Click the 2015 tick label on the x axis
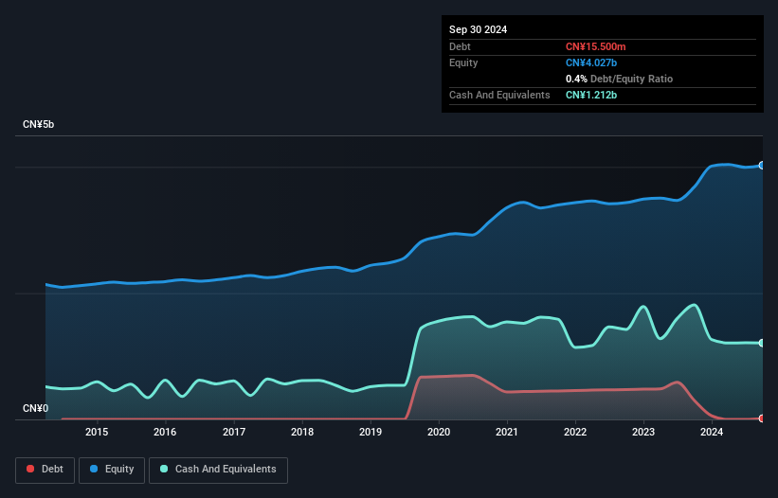tap(97, 432)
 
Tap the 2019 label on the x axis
tap(371, 432)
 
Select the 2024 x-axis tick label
tap(712, 432)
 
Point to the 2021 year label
tap(507, 432)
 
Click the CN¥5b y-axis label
tap(38, 124)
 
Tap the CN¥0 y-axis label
tap(36, 408)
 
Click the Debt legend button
tap(45, 470)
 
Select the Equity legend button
tap(112, 470)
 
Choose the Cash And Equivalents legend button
tap(218, 470)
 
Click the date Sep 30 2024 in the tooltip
tap(478, 29)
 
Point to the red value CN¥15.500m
tap(595, 46)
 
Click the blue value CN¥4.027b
tap(591, 62)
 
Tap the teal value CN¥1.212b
tap(591, 95)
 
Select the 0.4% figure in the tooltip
tap(576, 79)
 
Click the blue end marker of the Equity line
tap(762, 166)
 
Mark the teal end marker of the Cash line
tap(762, 343)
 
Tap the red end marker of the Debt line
tap(762, 418)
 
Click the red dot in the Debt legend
tap(30, 469)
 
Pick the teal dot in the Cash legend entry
tap(164, 469)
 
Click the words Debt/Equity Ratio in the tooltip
tap(631, 79)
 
